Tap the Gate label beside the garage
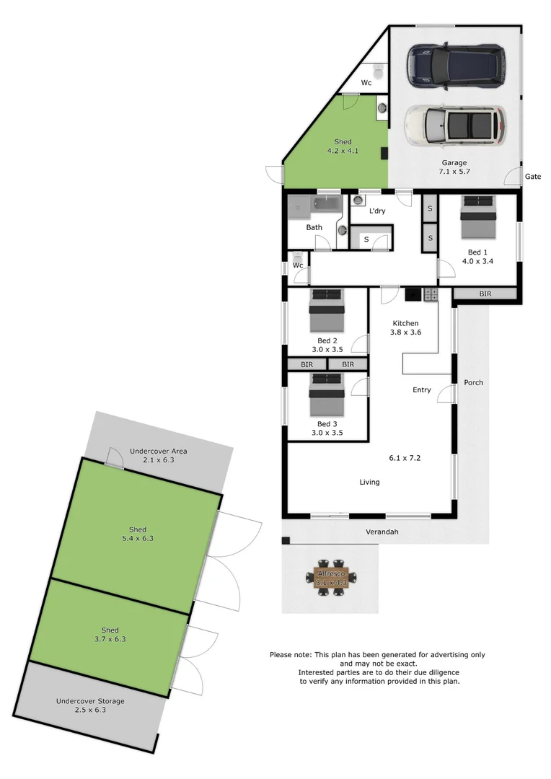point(533,176)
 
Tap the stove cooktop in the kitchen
point(431,294)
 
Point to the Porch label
point(473,382)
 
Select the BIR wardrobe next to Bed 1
point(484,294)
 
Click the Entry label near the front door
point(422,390)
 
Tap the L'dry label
point(377,211)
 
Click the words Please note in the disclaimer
point(290,655)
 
